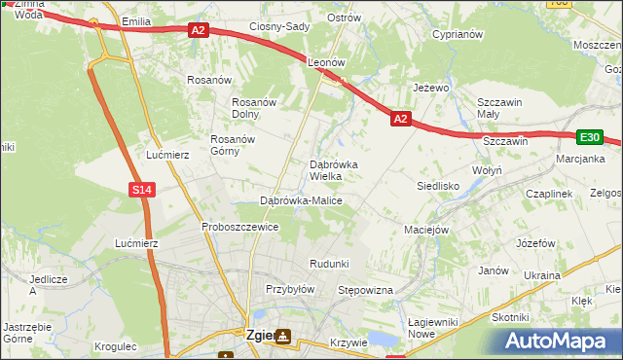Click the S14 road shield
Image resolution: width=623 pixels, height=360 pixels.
pos(142,190)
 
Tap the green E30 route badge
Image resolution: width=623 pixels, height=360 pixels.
pos(589,138)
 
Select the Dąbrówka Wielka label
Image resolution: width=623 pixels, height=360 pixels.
pos(333,170)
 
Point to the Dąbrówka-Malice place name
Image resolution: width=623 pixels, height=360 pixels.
pos(301,200)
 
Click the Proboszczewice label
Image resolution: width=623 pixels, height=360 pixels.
pos(240,227)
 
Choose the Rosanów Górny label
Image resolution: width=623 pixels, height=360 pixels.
pos(233,145)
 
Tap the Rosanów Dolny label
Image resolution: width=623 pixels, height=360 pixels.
pos(255,108)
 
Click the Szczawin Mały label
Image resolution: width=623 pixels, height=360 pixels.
pos(500,108)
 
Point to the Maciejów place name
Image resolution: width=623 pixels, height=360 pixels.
pos(425,231)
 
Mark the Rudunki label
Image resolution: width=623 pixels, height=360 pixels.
pos(328,264)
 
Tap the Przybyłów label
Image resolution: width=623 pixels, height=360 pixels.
pos(290,289)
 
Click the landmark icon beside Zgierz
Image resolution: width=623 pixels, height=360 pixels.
pos(282,337)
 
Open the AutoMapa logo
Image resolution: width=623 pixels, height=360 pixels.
pos(557,342)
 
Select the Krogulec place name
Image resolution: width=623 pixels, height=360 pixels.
pos(117,345)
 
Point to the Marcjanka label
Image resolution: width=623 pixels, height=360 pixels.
pos(580,159)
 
